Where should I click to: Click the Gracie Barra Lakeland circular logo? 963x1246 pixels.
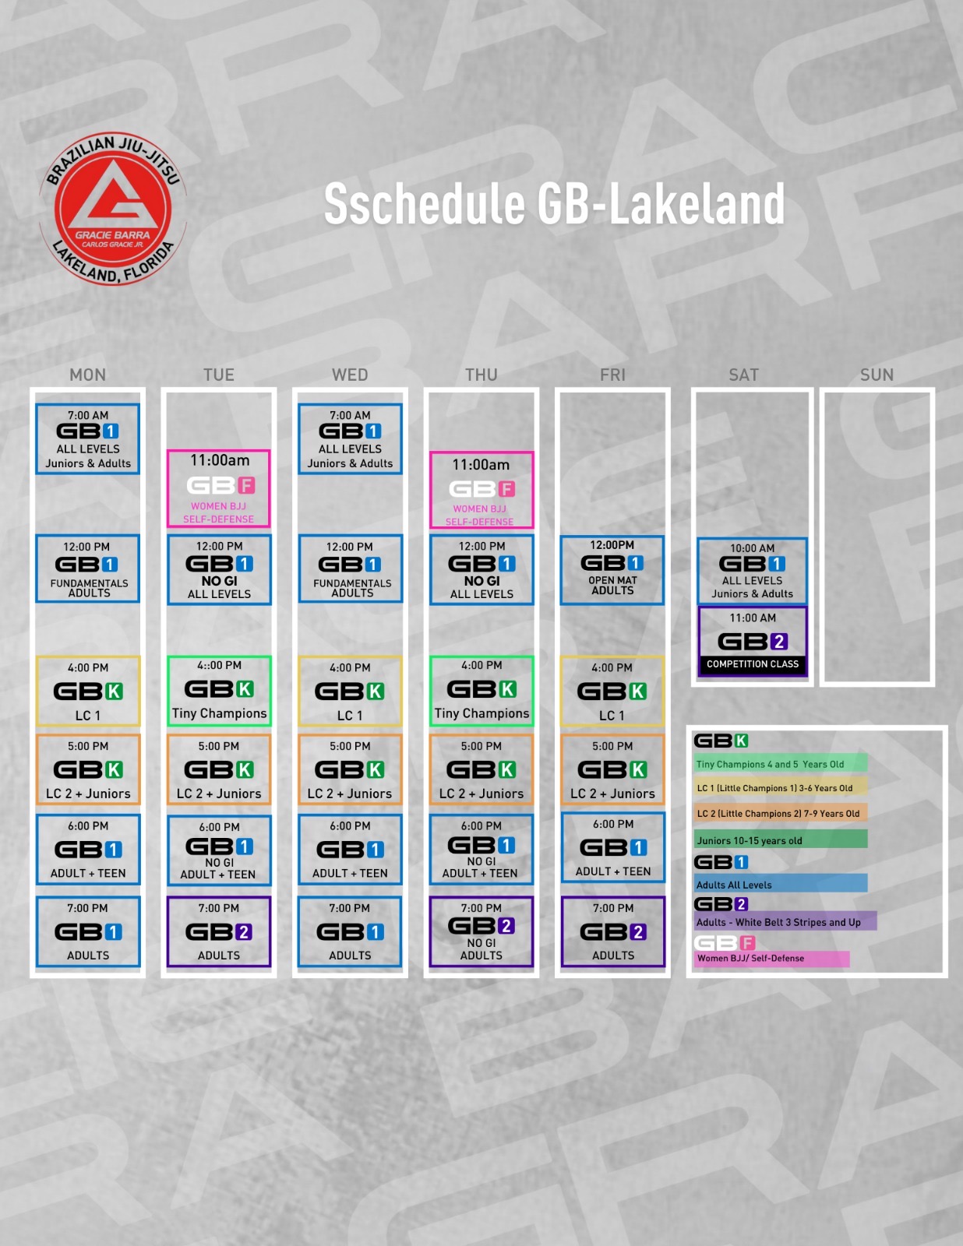113,209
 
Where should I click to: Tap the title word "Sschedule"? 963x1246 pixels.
424,204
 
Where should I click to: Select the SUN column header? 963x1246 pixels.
877,375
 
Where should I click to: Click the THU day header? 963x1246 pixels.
481,375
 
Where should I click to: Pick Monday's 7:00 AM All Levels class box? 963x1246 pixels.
88,439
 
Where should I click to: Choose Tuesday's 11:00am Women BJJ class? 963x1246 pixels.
219,488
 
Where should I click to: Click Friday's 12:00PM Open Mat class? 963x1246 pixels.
612,570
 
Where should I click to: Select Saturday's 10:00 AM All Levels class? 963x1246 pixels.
753,571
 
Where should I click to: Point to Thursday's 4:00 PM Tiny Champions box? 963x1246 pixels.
481,691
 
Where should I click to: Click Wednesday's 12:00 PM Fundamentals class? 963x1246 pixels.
351,568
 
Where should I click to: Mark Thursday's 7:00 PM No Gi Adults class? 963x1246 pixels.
481,931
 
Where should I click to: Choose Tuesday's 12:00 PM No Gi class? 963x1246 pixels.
219,569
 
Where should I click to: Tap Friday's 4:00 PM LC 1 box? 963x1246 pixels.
612,691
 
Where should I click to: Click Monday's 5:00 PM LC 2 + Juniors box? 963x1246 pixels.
88,769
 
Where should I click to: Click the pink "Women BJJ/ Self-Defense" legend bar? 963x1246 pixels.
771,959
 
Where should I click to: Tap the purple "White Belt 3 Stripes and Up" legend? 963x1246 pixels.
785,922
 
